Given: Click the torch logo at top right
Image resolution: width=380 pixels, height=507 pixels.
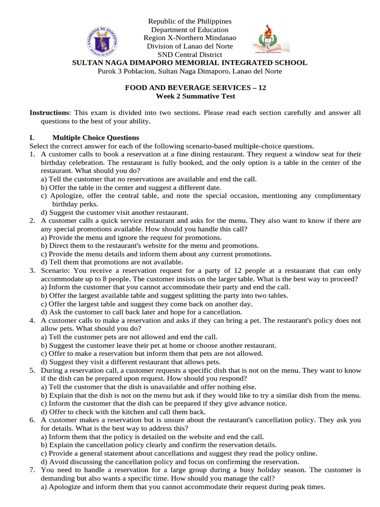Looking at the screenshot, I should tap(271, 37).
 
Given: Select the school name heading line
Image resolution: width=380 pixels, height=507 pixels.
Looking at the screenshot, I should tap(190, 63).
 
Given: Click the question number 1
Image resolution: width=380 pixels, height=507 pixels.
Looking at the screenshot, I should tap(32, 154).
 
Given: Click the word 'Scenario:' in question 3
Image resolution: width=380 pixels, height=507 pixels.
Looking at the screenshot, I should tap(55, 271).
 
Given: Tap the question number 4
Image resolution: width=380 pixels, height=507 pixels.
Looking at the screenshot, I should tap(32, 320).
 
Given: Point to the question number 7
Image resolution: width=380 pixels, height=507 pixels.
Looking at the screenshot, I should tap(32, 470).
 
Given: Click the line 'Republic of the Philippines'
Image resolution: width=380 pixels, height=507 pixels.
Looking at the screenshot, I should tap(190, 21).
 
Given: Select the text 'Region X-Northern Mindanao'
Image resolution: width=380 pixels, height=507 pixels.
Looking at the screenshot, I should tap(190, 38).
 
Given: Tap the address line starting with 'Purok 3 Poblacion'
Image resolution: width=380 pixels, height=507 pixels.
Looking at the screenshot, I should tap(190, 71).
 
